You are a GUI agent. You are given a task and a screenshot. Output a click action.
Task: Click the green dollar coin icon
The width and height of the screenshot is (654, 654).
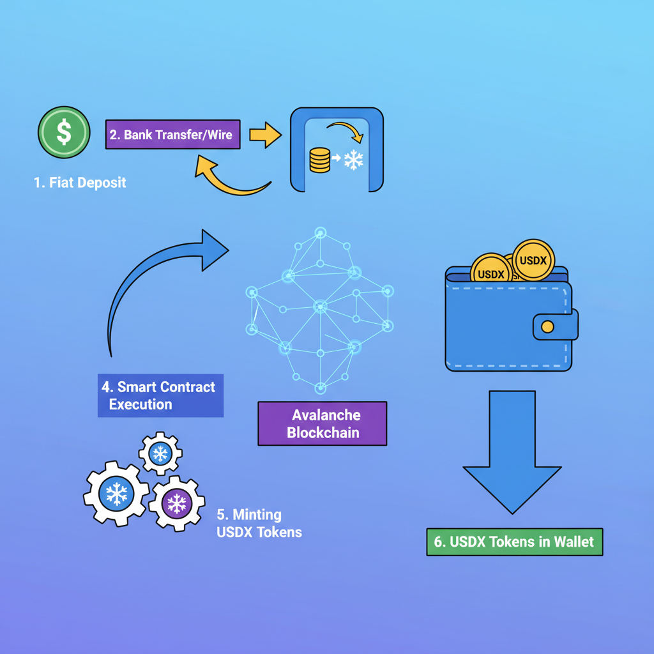tap(63, 133)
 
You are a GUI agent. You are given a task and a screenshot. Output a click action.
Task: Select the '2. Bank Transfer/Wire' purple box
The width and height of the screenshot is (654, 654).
tap(173, 135)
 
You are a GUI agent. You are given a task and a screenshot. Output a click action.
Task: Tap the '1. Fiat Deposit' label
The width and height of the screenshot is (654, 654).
tap(80, 183)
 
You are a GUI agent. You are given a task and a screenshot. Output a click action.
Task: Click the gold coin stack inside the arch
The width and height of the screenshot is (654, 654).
tap(319, 160)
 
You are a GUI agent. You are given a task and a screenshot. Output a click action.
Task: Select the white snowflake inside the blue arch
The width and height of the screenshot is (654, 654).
tap(353, 160)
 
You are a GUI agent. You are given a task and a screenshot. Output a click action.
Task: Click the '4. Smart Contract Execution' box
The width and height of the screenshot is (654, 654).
tap(160, 395)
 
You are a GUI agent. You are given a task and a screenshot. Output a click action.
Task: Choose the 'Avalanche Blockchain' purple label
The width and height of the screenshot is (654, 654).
tap(322, 423)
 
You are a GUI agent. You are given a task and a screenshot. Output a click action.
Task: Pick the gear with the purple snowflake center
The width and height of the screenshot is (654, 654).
tap(176, 503)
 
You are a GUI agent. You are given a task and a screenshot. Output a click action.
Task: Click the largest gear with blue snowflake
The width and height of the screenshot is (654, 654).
tap(116, 493)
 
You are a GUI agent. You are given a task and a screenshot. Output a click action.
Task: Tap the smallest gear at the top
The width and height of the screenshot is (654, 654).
tap(160, 453)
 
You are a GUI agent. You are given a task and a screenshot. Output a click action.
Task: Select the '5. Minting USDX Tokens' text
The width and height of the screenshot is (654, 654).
tap(259, 523)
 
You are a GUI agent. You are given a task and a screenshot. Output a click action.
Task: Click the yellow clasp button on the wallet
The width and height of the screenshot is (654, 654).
tap(547, 326)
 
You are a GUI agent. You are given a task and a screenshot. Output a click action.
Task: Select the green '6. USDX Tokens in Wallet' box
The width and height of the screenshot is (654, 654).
tap(514, 542)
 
